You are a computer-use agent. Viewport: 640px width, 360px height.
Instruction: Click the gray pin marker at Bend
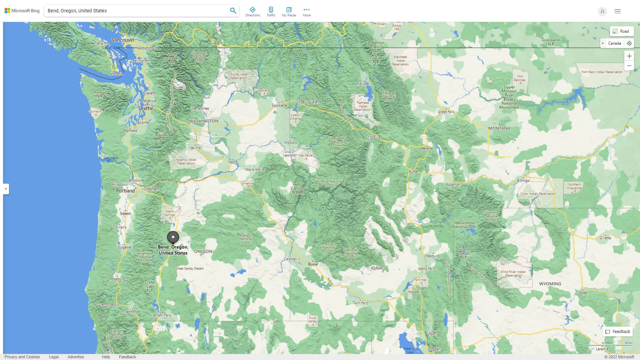pyautogui.click(x=173, y=237)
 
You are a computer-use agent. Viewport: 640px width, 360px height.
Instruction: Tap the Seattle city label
pyautogui.click(x=146, y=108)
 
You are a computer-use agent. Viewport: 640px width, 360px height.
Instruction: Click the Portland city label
pyautogui.click(x=125, y=191)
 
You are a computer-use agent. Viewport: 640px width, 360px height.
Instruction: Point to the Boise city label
pyautogui.click(x=313, y=264)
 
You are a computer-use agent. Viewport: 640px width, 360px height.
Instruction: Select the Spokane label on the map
pyautogui.click(x=279, y=105)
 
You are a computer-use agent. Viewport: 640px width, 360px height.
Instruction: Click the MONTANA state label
pyautogui.click(x=499, y=128)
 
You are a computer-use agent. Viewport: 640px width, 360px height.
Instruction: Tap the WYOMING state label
pyautogui.click(x=550, y=284)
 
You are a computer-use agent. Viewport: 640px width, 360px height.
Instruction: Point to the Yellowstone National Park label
pyautogui.click(x=464, y=225)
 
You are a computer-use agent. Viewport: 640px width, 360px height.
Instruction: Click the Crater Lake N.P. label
pyautogui.click(x=150, y=286)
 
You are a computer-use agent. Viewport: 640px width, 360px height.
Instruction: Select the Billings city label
pyautogui.click(x=523, y=180)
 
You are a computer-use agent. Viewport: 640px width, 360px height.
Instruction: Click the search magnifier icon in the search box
pyautogui.click(x=233, y=11)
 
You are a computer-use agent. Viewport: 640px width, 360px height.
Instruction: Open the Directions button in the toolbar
pyautogui.click(x=252, y=12)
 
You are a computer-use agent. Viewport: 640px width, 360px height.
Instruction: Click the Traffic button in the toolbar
pyautogui.click(x=271, y=12)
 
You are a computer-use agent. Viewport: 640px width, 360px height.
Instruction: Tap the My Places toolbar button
pyautogui.click(x=289, y=12)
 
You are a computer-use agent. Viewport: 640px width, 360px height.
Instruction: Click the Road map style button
pyautogui.click(x=621, y=31)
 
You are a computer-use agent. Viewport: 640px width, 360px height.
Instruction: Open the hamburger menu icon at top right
pyautogui.click(x=617, y=11)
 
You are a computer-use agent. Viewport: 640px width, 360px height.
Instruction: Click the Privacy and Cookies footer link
pyautogui.click(x=22, y=357)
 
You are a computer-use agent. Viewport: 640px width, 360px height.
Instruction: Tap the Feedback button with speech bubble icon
pyautogui.click(x=618, y=332)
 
